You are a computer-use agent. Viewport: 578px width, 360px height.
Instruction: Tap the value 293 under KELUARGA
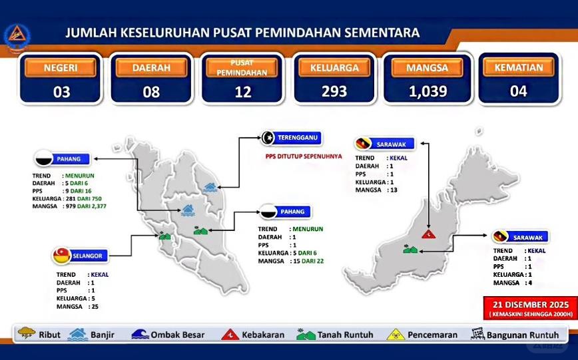pos(334,91)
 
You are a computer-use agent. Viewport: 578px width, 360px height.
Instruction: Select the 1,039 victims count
pos(428,91)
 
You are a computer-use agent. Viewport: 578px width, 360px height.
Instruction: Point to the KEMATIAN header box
pos(519,67)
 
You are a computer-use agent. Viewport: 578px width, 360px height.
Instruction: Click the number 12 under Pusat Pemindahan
pos(243,92)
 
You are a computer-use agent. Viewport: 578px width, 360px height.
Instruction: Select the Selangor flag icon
pos(63,254)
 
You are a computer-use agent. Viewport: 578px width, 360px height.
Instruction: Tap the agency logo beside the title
pos(14,39)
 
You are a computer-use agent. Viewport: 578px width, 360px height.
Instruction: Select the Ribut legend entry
pos(40,335)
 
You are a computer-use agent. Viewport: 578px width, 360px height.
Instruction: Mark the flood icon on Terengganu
pos(211,188)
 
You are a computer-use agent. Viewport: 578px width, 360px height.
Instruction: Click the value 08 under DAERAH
pos(152,92)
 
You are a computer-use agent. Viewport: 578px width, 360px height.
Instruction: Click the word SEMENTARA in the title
pos(383,33)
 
